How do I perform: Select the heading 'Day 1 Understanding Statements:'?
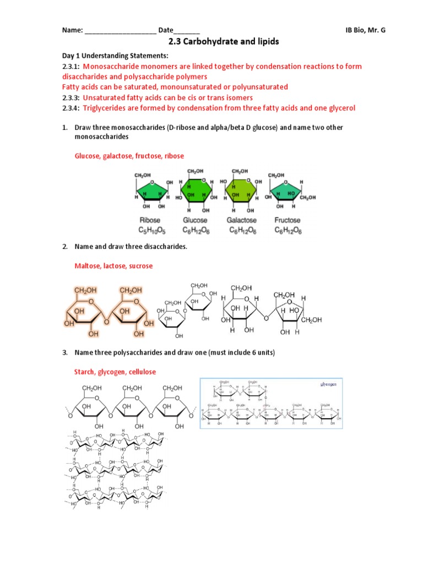tap(115, 56)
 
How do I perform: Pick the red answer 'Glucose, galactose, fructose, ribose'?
tap(129, 156)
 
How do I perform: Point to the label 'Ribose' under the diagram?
tap(150, 220)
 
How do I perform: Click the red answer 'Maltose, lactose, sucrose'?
tap(113, 265)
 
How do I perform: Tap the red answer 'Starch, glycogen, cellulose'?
tap(115, 372)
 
